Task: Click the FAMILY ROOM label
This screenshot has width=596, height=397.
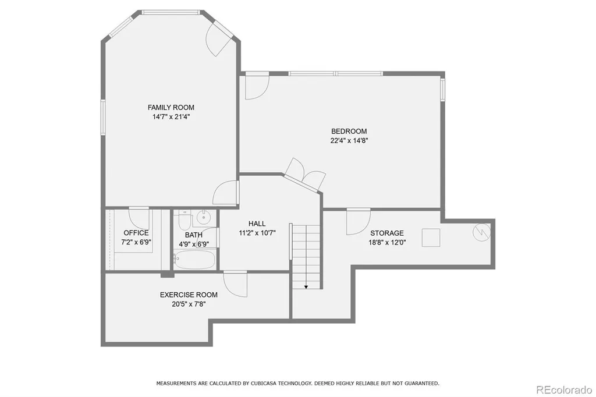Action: [171, 108]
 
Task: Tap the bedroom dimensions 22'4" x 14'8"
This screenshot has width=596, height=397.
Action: [349, 141]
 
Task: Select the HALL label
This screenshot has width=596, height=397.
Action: [257, 224]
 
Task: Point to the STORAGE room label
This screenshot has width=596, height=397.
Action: [387, 233]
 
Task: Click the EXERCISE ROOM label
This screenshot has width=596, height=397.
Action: [189, 295]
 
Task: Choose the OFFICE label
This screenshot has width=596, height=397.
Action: [136, 233]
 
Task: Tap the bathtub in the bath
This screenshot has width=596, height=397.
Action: [194, 260]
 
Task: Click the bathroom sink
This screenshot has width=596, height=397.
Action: [204, 217]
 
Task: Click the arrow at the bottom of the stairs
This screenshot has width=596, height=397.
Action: [306, 286]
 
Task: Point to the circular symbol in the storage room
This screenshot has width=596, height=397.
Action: [481, 232]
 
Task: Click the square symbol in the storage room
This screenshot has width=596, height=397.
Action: [431, 238]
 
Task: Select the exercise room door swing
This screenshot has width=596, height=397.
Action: [235, 283]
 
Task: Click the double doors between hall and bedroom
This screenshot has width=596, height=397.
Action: [305, 175]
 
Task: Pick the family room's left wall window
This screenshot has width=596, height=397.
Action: [102, 117]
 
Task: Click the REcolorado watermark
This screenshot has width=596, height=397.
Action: [564, 390]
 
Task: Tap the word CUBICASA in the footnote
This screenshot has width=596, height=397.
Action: [265, 383]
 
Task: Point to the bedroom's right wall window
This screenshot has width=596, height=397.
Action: [442, 90]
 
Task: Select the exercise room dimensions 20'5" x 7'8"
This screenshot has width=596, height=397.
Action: [189, 304]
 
